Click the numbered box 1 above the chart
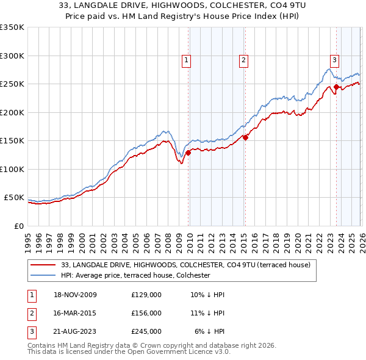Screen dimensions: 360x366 [x=185, y=60]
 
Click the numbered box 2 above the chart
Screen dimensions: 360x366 [x=243, y=60]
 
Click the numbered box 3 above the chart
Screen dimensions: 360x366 [x=334, y=60]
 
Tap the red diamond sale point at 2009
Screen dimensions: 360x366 [x=188, y=153]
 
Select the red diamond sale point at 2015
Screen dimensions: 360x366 [x=245, y=138]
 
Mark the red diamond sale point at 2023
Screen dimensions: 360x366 [x=336, y=87]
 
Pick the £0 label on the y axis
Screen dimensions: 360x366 [x=19, y=226]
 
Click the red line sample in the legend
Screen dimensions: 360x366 [x=45, y=265]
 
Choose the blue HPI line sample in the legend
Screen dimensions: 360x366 [x=45, y=275]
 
